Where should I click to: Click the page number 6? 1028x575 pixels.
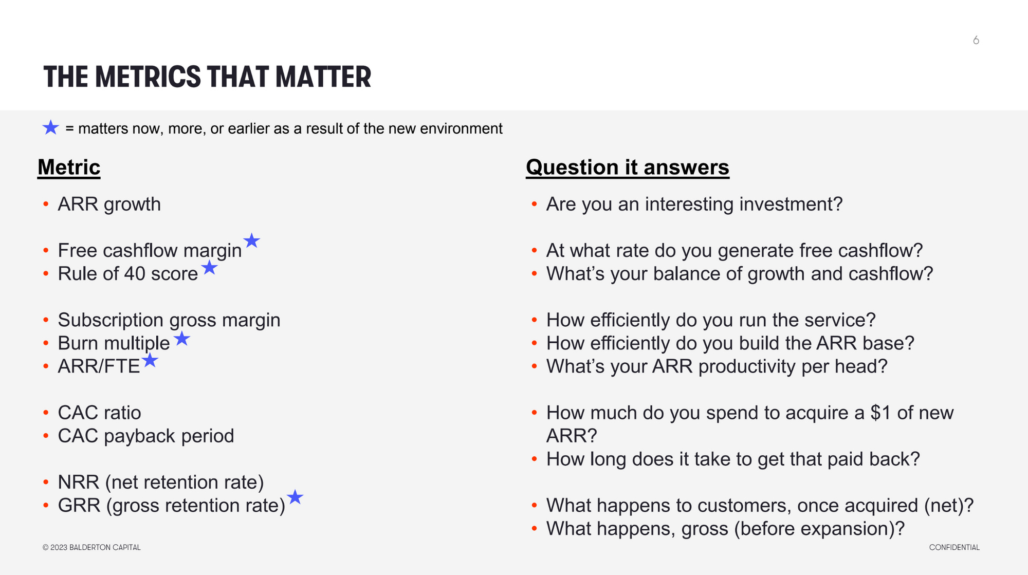(x=976, y=40)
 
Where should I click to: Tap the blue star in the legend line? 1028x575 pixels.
(x=51, y=127)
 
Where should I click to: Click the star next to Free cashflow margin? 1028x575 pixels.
(x=251, y=240)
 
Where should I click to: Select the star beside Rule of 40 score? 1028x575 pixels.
(x=209, y=267)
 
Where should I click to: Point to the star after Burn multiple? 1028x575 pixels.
(x=181, y=339)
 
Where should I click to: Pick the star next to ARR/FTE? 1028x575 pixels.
(x=150, y=360)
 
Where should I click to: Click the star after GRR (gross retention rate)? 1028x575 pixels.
(x=295, y=497)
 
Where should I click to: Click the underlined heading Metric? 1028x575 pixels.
(x=69, y=168)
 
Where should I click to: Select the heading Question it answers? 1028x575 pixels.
(x=628, y=168)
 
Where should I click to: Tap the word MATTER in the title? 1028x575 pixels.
(x=323, y=77)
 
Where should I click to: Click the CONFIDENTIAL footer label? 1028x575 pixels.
(x=954, y=547)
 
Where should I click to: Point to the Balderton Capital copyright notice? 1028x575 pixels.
(x=91, y=547)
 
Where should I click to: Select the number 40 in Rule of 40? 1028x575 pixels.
(x=135, y=274)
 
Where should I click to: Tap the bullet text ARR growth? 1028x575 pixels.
(x=109, y=205)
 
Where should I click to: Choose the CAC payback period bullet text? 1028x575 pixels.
(x=146, y=436)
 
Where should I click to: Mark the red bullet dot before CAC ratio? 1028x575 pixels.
(x=46, y=413)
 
